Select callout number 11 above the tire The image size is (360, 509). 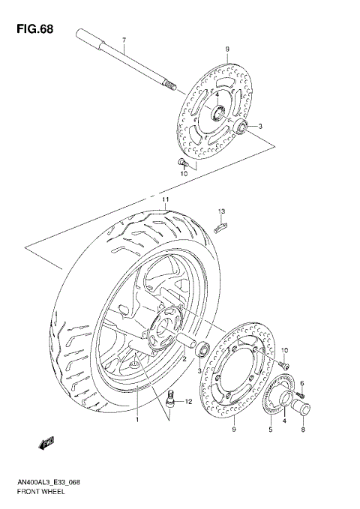coord(163,200)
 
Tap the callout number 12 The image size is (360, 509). coord(189,403)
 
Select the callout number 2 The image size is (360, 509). coord(183,359)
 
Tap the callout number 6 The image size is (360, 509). coord(301,383)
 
